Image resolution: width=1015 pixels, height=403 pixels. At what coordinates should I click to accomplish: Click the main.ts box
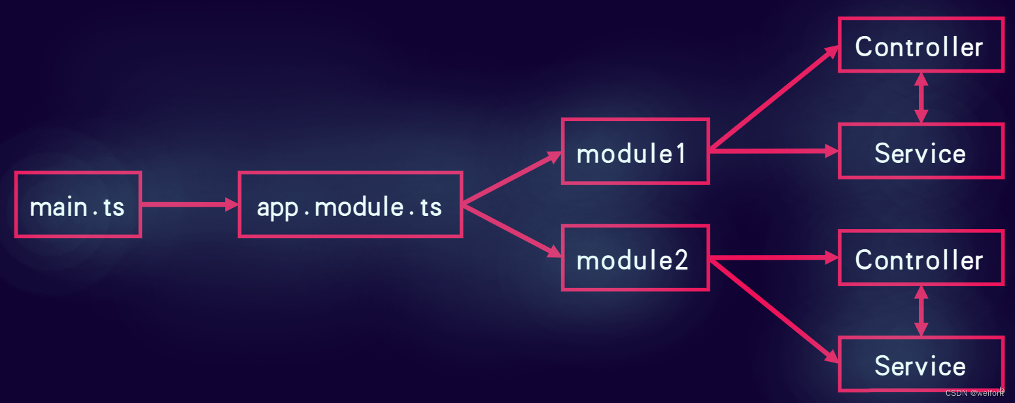[x=78, y=205]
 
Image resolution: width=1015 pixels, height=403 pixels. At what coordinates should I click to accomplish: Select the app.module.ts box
[x=351, y=205]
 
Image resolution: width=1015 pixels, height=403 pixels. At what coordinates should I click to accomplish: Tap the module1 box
[x=635, y=152]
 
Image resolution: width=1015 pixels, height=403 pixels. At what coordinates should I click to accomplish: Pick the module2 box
[x=635, y=258]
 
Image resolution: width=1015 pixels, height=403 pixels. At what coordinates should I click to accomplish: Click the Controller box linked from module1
[x=921, y=45]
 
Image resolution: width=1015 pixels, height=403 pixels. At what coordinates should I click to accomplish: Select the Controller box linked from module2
[x=921, y=258]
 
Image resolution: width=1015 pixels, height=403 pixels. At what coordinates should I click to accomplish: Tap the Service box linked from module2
[x=921, y=364]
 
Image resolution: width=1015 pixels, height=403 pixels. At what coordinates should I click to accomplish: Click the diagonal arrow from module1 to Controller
[x=774, y=98]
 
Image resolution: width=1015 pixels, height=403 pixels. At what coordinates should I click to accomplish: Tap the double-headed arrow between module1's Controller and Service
[x=921, y=98]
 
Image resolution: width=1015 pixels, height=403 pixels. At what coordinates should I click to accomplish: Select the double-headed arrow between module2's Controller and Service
[x=921, y=311]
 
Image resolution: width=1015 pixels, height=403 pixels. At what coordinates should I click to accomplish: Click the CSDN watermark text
[x=974, y=393]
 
